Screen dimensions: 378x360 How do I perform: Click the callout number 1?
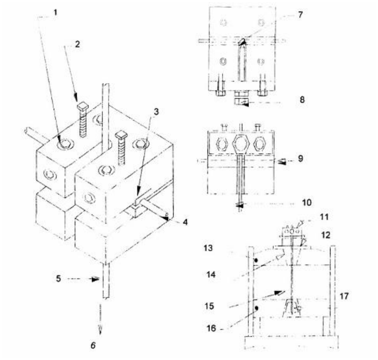point(56,12)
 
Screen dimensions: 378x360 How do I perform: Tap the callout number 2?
point(77,44)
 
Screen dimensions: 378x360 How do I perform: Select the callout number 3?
point(156,112)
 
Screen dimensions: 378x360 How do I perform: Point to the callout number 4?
point(185,222)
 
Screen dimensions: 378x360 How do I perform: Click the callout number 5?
point(59,279)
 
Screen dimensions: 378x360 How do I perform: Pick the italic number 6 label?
point(93,345)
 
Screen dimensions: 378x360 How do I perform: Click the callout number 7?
point(300,15)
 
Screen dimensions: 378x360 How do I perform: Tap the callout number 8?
point(302,100)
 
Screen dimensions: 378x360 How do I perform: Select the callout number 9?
point(301,159)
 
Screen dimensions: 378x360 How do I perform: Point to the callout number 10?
point(307,203)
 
